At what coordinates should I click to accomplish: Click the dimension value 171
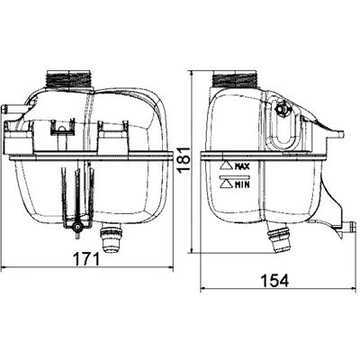[86, 259]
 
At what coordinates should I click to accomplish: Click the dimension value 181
[184, 159]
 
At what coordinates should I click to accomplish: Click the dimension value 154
[274, 281]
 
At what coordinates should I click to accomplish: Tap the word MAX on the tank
[242, 166]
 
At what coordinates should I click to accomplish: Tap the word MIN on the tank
[242, 184]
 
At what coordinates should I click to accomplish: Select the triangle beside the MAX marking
[226, 166]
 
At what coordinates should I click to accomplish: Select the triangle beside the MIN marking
[226, 184]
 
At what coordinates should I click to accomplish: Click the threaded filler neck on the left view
[69, 79]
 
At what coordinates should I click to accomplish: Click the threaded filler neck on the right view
[235, 79]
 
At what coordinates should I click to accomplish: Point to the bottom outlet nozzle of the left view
[111, 238]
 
